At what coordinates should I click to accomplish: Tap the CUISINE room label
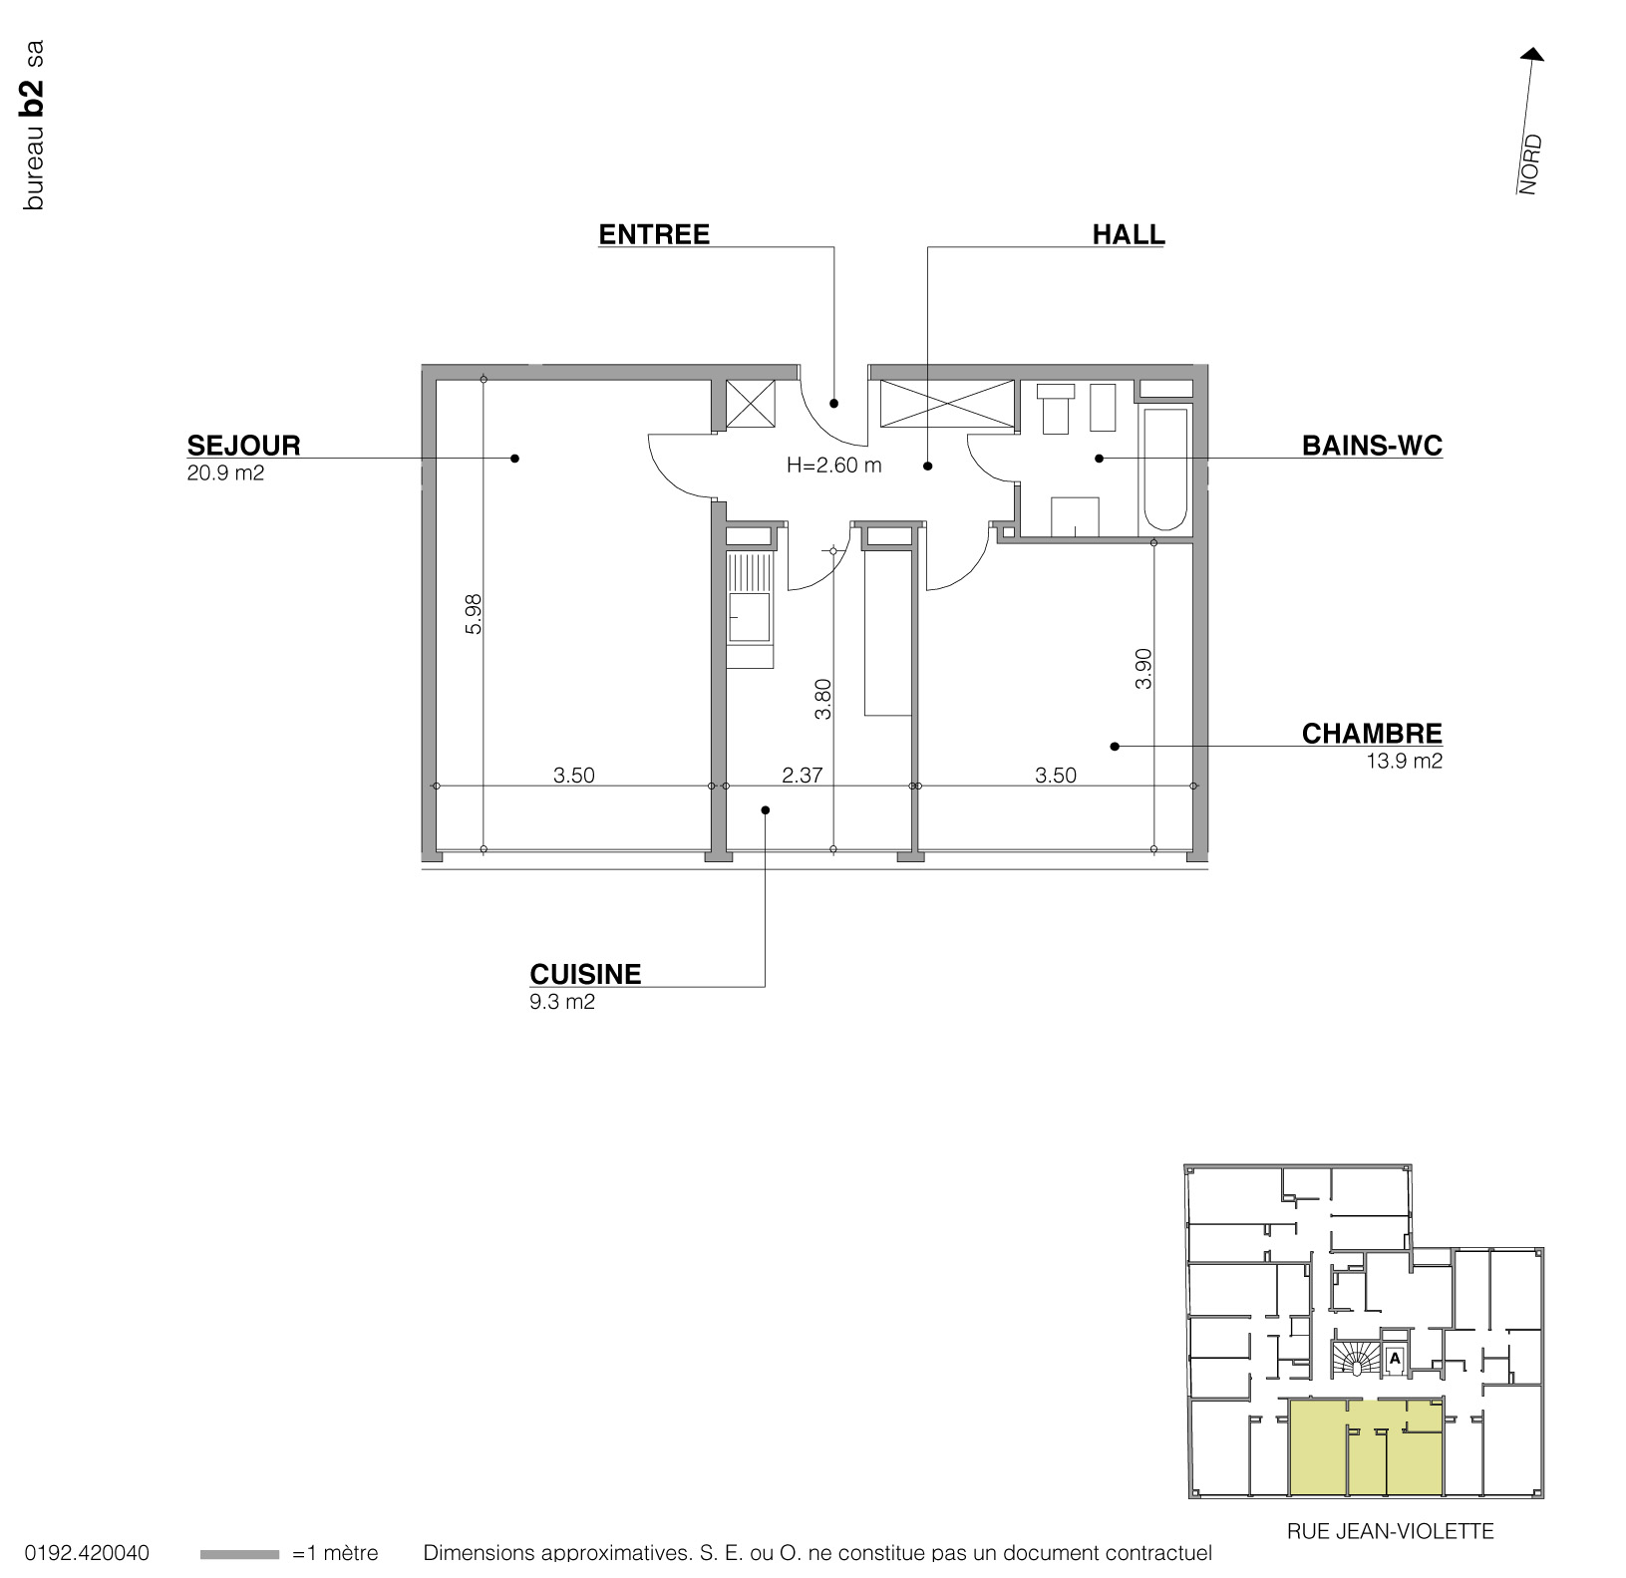click(x=585, y=973)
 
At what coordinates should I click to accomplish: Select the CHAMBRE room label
click(x=1372, y=733)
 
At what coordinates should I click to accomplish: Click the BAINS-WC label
click(x=1372, y=445)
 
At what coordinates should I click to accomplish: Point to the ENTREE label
click(x=654, y=234)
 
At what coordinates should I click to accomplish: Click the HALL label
click(x=1128, y=234)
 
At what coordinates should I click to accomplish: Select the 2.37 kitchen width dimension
click(x=802, y=775)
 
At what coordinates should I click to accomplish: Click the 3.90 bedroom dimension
click(x=1143, y=668)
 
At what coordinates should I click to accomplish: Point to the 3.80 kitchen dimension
click(x=822, y=699)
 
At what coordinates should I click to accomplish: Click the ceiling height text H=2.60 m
click(x=834, y=465)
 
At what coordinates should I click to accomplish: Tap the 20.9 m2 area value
click(x=225, y=473)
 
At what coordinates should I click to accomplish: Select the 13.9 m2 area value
click(x=1404, y=762)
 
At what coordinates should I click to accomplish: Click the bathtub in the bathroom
click(x=1165, y=469)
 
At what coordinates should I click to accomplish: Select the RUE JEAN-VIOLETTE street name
click(x=1390, y=1531)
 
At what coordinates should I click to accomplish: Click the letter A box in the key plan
click(x=1395, y=1357)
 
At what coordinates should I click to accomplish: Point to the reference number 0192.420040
click(x=87, y=1553)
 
